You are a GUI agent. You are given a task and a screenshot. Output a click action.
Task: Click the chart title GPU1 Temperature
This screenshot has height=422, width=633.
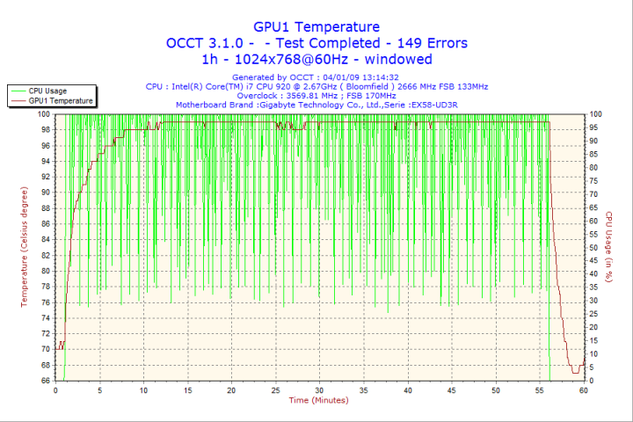[316, 27]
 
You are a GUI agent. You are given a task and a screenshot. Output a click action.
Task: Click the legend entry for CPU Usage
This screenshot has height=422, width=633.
[47, 91]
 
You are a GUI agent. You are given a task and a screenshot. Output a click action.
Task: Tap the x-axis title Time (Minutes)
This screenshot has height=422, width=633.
[318, 401]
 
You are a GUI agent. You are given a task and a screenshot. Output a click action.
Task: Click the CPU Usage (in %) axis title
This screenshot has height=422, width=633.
[608, 247]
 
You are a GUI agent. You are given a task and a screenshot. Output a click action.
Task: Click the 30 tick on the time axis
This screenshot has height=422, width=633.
[319, 389]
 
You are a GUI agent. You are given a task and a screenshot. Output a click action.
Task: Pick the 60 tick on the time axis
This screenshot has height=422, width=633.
[583, 389]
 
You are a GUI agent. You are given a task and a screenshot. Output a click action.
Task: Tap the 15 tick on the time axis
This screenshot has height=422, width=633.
[187, 389]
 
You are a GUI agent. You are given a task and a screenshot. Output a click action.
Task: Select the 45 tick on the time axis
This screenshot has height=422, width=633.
[451, 389]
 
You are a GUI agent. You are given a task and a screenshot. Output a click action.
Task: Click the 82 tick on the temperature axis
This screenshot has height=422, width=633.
[46, 255]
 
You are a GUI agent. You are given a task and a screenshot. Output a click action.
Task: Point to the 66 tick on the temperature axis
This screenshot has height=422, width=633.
[46, 381]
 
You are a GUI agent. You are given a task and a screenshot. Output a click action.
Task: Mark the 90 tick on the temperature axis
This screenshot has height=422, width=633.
[46, 193]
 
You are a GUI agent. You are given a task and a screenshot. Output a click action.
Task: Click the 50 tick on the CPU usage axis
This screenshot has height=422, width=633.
[595, 247]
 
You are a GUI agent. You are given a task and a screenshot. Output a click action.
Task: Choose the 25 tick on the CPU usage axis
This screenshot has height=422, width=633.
[595, 314]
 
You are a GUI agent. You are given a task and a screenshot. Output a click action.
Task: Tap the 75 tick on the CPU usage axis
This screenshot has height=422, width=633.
[595, 180]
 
